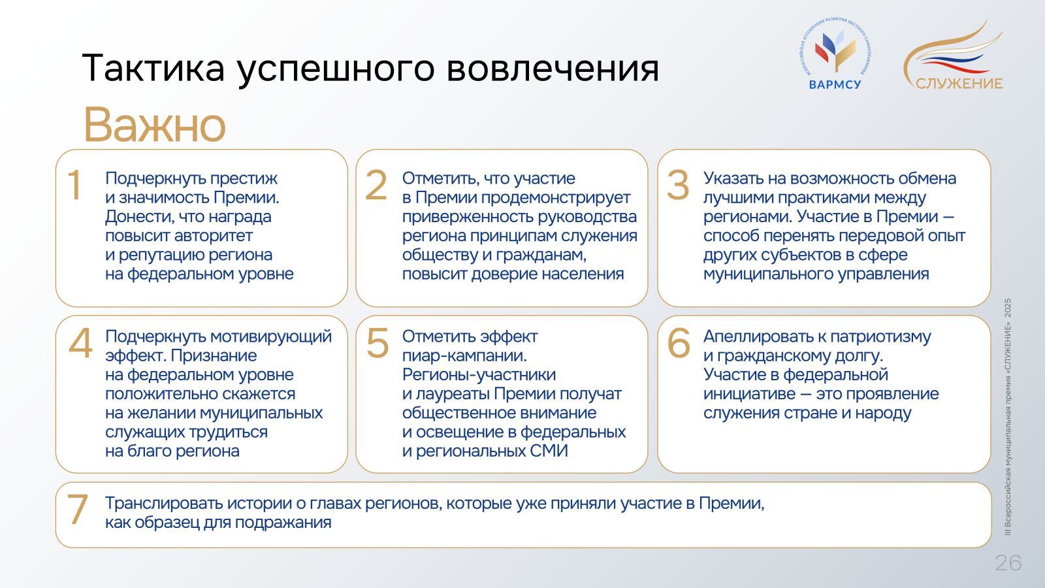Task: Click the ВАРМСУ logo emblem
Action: coord(835,49)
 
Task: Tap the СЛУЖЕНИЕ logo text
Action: coord(959,84)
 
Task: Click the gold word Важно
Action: coord(154,125)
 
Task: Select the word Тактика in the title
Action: coord(153,68)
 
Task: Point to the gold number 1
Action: coord(74,185)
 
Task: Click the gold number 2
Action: coord(376,185)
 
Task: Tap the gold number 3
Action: coord(678,185)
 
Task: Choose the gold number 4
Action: coord(80,343)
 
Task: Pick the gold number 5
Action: coord(378,343)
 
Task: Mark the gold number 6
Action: coord(679,343)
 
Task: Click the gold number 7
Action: coord(78,510)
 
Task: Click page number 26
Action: coord(1008,563)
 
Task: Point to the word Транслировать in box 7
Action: coord(163,504)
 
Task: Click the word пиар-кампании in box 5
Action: coord(464,356)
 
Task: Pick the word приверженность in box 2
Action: coord(467,218)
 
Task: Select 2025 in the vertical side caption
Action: coord(1008,308)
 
